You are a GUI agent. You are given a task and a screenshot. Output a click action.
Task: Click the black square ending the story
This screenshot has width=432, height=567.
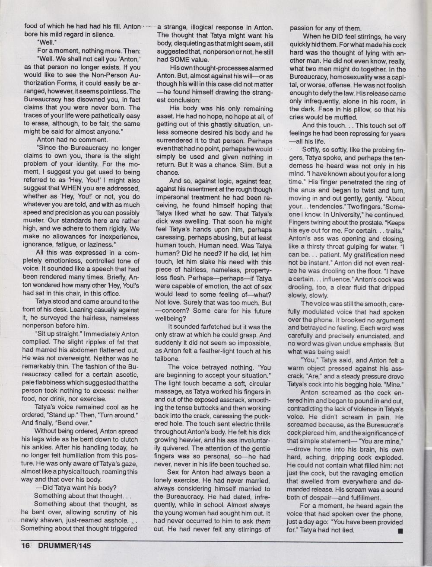click(x=400, y=530)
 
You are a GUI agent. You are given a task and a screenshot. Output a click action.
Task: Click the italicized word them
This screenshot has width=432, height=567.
click(x=263, y=521)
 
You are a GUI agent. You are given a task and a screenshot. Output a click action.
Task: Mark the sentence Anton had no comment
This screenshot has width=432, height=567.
click(x=66, y=140)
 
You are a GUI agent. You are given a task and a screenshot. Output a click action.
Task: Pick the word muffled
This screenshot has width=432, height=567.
click(x=344, y=117)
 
